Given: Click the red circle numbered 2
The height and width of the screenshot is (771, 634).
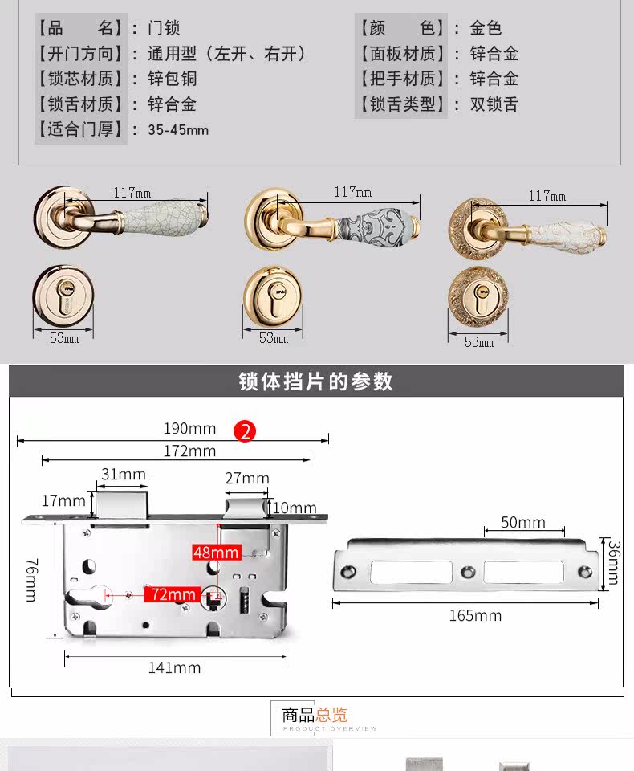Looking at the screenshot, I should tap(245, 431).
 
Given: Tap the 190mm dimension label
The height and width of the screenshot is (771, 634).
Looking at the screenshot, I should tap(190, 429).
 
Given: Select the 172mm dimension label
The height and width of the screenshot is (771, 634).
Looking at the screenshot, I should tap(189, 451).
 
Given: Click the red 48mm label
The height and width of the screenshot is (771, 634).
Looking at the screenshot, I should tap(216, 553).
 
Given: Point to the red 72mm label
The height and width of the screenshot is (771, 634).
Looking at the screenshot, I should tap(172, 594).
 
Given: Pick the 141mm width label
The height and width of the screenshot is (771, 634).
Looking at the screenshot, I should tap(174, 667).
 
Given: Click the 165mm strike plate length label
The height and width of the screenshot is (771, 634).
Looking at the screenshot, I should tap(475, 616).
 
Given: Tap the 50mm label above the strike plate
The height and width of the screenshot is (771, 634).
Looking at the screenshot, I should tap(522, 523).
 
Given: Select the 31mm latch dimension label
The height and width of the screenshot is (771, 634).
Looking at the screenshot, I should tap(124, 475).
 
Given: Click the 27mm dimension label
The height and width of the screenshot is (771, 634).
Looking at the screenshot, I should tap(246, 479).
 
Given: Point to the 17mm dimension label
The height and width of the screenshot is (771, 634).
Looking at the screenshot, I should tap(63, 501).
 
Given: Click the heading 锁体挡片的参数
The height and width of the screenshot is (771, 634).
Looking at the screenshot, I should tap(316, 381).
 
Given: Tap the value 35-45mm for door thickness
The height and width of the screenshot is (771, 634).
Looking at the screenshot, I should tap(178, 130).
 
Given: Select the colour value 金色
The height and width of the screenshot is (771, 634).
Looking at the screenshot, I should tap(486, 28).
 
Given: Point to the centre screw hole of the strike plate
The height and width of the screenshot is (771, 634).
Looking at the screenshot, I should tap(468, 572).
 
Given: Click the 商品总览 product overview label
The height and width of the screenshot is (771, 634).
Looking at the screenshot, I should tap(315, 715).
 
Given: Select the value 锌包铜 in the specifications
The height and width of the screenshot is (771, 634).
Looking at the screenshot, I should tap(172, 79).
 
